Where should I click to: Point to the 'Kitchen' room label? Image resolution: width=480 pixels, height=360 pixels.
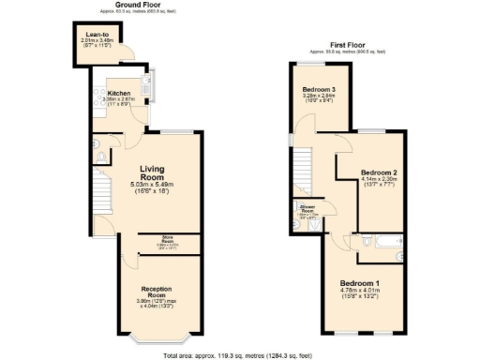(x=118, y=94)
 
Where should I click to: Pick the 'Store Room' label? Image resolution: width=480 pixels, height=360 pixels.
(x=168, y=238)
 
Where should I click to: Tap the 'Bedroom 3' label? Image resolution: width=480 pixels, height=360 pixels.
(x=319, y=90)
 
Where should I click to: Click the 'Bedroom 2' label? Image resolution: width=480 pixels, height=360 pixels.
(x=380, y=173)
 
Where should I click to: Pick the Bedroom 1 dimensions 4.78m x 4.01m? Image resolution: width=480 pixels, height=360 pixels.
(x=360, y=294)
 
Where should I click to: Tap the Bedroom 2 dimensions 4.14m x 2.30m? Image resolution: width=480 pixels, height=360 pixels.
(x=380, y=184)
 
